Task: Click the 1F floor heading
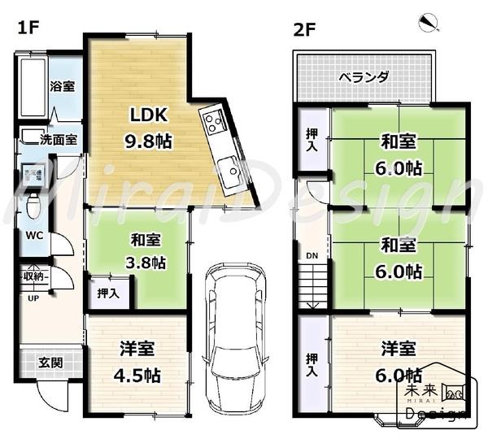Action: [x=29, y=28]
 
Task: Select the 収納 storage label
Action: [x=33, y=276]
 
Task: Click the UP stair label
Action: [x=33, y=298]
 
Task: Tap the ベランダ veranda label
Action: [x=363, y=78]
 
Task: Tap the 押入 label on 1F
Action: [x=107, y=293]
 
